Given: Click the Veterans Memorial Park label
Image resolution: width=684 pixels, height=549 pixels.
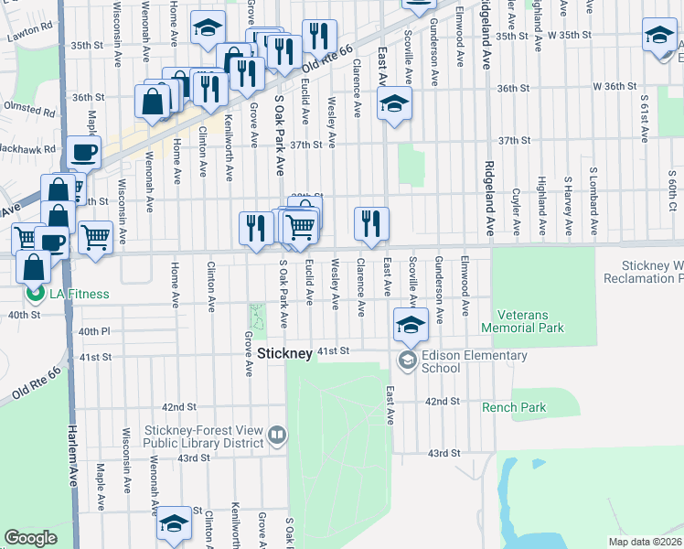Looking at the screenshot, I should (529, 320).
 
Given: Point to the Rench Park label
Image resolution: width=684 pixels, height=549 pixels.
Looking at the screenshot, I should (515, 407).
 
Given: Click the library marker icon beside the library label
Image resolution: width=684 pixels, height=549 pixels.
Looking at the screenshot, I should (276, 433).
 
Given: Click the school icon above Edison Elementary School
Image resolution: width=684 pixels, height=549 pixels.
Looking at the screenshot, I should (411, 324).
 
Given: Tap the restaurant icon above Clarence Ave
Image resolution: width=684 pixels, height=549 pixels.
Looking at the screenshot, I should (371, 224).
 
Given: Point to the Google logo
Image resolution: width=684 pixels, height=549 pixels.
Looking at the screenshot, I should (30, 538).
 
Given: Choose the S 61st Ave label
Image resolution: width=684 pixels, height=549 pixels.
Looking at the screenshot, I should (645, 110).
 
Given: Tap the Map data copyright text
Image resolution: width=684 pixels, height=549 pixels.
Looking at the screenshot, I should (646, 542).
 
